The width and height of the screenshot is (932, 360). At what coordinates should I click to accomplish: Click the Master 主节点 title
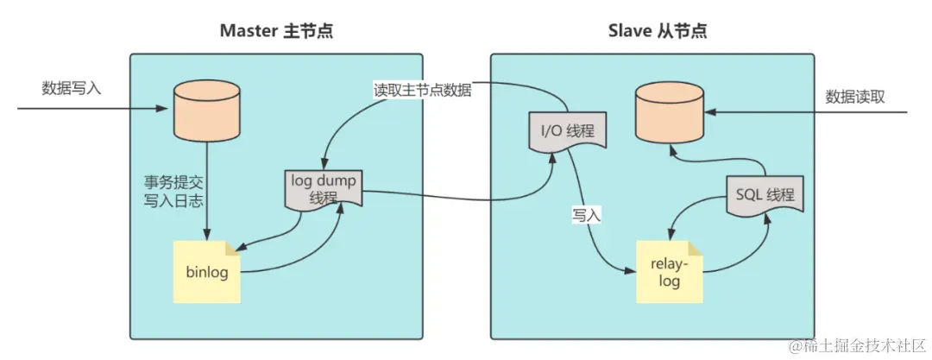click(x=276, y=31)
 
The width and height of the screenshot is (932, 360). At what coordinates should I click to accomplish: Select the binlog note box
click(x=206, y=271)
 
